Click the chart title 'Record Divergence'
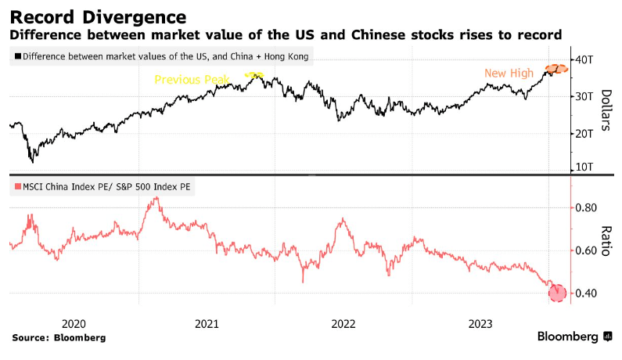(x=98, y=16)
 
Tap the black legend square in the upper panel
(x=18, y=56)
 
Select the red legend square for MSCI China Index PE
(x=18, y=187)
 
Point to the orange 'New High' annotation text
(x=509, y=74)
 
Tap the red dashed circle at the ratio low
(x=557, y=293)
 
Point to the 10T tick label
(x=586, y=167)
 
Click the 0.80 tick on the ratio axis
(x=587, y=208)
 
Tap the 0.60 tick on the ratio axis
(x=587, y=251)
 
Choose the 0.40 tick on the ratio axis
(x=587, y=293)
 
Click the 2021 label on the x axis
(x=207, y=323)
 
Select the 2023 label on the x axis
(x=479, y=323)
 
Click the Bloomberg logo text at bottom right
(x=568, y=337)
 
